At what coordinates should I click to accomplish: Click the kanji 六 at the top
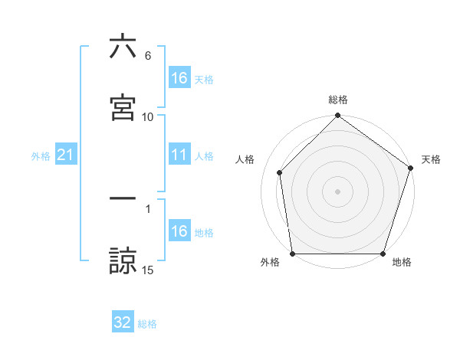(123, 47)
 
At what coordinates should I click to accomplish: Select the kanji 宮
(123, 108)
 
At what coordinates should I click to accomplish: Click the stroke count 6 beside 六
(148, 56)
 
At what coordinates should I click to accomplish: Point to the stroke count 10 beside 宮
(148, 117)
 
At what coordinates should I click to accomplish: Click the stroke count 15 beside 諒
(148, 270)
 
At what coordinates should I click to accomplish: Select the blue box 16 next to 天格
(179, 78)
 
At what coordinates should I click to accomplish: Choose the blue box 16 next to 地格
(179, 231)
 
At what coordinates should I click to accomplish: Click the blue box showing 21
(66, 155)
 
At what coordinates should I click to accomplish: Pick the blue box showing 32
(123, 322)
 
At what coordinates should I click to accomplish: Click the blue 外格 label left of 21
(41, 156)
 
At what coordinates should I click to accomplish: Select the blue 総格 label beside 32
(147, 324)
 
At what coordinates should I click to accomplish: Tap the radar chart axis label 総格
(338, 100)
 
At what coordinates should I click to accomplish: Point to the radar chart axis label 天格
(432, 159)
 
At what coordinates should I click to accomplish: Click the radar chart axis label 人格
(245, 159)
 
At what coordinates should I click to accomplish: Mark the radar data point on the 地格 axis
(383, 254)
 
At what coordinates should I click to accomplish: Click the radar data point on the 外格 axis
(292, 254)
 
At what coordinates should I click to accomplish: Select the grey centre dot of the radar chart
(338, 191)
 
